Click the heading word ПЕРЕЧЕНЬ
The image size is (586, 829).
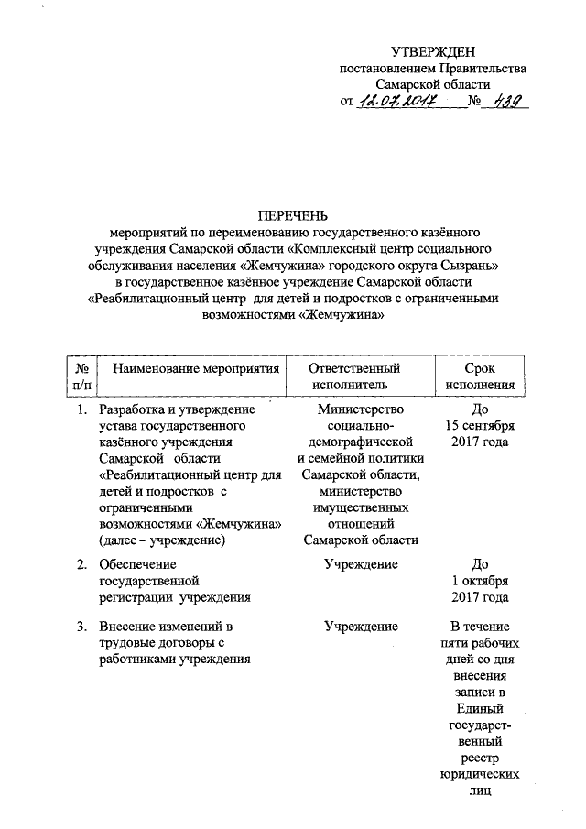[x=292, y=215]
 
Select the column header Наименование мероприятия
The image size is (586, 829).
[x=189, y=367]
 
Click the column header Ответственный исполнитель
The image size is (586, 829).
[x=360, y=376]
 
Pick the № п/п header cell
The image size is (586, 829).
[x=79, y=376]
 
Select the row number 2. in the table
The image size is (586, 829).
[x=82, y=564]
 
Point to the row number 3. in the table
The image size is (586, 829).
[x=82, y=627]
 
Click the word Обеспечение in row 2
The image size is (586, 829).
[x=137, y=564]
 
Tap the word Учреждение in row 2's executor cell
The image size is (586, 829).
[x=360, y=564]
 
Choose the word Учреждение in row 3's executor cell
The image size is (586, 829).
[x=360, y=627]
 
